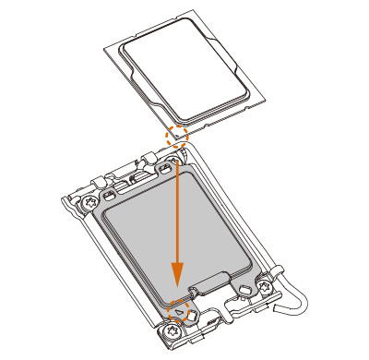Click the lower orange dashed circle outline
tap(176, 311)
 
